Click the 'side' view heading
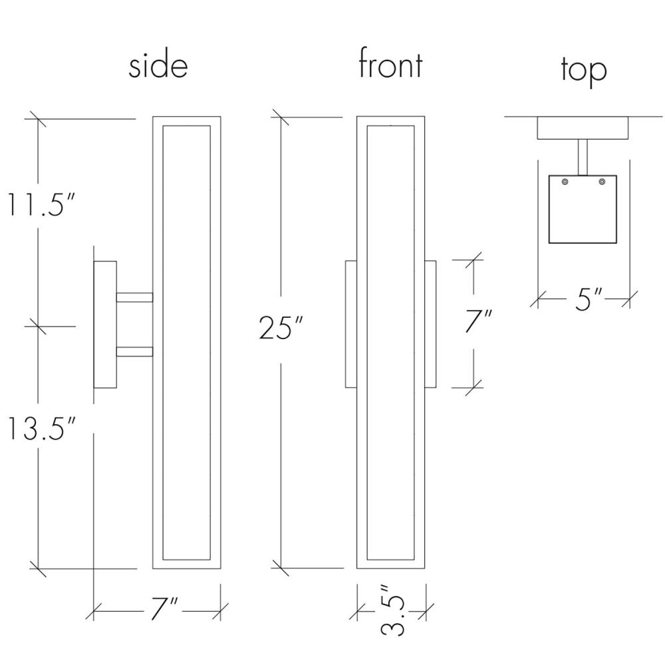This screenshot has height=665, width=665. tap(158, 66)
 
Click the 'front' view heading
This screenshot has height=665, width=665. tap(390, 63)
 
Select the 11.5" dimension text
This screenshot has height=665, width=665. tap(41, 204)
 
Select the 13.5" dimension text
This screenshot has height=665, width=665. tap(41, 428)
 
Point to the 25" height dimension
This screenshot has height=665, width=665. tap(281, 327)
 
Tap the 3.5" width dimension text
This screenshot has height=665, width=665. tap(392, 610)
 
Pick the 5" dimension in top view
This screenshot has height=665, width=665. tap(589, 299)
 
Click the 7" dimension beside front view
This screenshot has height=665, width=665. tap(478, 321)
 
